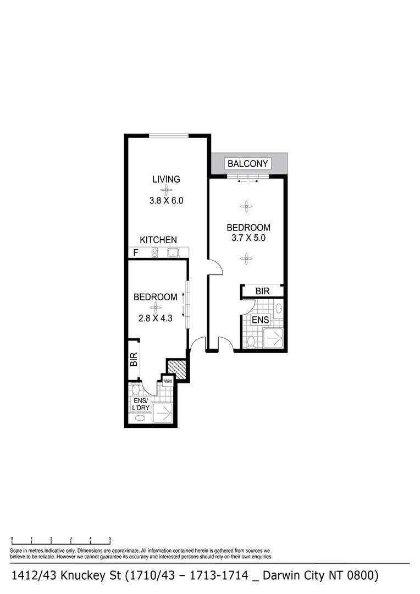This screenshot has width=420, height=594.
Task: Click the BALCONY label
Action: pyautogui.click(x=247, y=163)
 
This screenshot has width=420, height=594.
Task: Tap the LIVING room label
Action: pyautogui.click(x=166, y=179)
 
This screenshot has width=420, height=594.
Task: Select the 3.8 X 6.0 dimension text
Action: pyautogui.click(x=166, y=201)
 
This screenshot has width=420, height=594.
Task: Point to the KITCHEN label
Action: pyautogui.click(x=158, y=240)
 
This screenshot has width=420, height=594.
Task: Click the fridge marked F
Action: pyautogui.click(x=136, y=253)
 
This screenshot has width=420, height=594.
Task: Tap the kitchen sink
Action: pyautogui.click(x=173, y=253)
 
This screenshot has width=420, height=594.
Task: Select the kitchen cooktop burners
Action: pyautogui.click(x=155, y=253)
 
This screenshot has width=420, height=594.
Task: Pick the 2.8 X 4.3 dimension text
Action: pyautogui.click(x=156, y=317)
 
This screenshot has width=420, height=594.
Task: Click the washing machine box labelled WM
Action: pyautogui.click(x=167, y=381)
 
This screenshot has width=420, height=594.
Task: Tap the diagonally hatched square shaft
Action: pyautogui.click(x=177, y=370)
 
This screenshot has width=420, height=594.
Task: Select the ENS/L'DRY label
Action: pyautogui.click(x=141, y=404)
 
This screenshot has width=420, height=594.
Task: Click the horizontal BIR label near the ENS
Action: pyautogui.click(x=262, y=291)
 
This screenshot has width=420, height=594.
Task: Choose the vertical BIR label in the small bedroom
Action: pyautogui.click(x=133, y=360)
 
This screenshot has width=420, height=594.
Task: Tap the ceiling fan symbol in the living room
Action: pyautogui.click(x=166, y=190)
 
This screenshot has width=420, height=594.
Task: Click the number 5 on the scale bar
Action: pyautogui.click(x=110, y=539)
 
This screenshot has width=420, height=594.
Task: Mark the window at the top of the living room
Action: pyautogui.click(x=169, y=136)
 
